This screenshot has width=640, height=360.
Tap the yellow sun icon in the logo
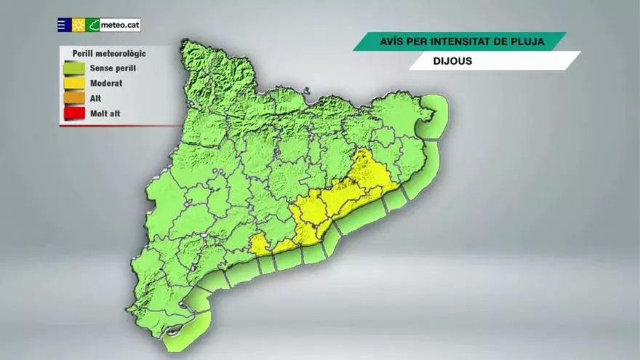(x=79, y=25)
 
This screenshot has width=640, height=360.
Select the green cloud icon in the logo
(x=93, y=25)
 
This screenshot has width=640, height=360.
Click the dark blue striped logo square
(x=64, y=25)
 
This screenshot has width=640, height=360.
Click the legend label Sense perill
(x=113, y=68)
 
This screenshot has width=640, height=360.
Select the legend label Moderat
(x=106, y=84)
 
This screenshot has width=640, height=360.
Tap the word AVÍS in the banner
(x=392, y=41)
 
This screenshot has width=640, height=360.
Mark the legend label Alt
(x=95, y=98)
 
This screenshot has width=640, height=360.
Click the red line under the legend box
(x=116, y=126)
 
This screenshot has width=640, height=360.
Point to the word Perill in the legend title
(x=84, y=53)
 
